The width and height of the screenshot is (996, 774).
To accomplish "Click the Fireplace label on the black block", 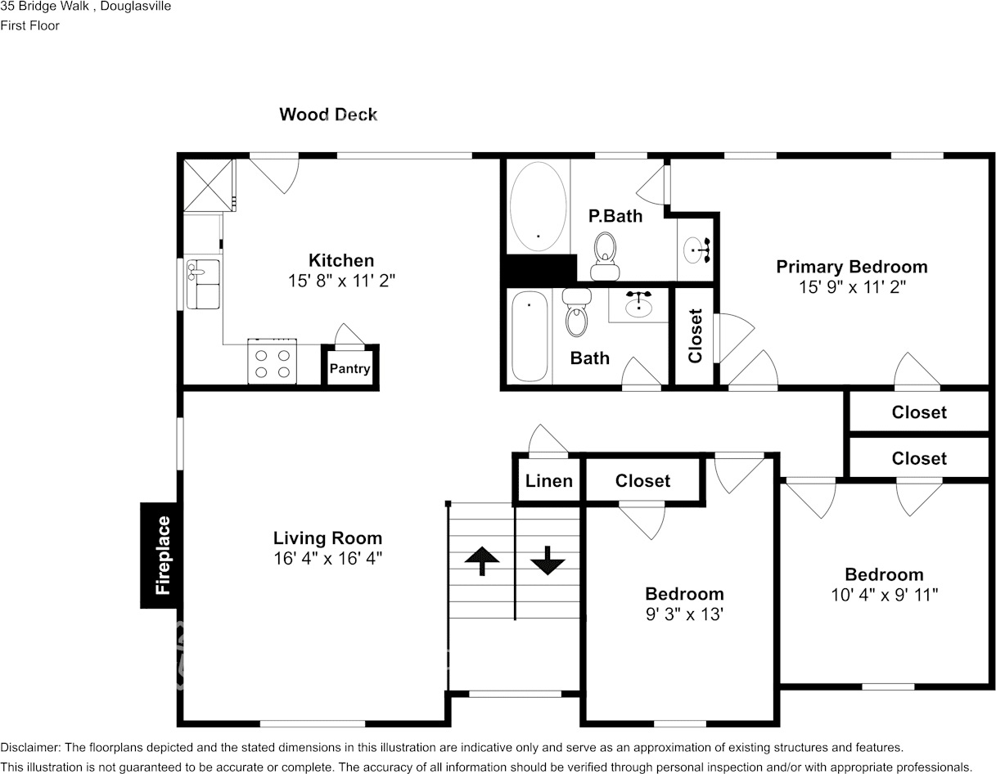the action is (163, 556).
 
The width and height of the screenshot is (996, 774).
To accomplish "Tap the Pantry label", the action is (349, 368).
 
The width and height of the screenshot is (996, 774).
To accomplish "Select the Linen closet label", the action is (548, 481).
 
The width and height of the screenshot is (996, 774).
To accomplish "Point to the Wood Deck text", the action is (328, 114).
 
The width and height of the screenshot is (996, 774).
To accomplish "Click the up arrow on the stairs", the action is (482, 560).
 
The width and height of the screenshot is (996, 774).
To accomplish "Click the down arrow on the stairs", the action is (548, 560).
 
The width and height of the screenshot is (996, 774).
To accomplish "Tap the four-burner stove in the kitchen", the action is (273, 362).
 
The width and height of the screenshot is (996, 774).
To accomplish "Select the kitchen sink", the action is (203, 284).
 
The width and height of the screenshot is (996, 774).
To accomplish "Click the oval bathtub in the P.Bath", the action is (539, 206).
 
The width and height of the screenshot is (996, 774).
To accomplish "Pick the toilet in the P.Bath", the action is (605, 256).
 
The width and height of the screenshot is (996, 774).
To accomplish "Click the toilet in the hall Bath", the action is (577, 312).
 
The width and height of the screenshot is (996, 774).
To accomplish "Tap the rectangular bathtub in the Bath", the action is (530, 336).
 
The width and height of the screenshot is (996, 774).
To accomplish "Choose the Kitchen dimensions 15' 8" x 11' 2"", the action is (341, 281).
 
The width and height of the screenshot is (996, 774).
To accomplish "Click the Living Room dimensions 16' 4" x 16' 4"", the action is (327, 558).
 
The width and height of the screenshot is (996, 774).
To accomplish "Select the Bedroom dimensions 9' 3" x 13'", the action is (684, 614).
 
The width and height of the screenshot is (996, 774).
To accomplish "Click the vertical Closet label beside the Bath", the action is (695, 336).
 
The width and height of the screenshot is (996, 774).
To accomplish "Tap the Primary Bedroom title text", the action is (852, 267).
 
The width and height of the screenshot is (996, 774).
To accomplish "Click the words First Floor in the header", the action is (29, 25).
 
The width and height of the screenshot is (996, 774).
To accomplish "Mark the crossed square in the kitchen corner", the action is (208, 186).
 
